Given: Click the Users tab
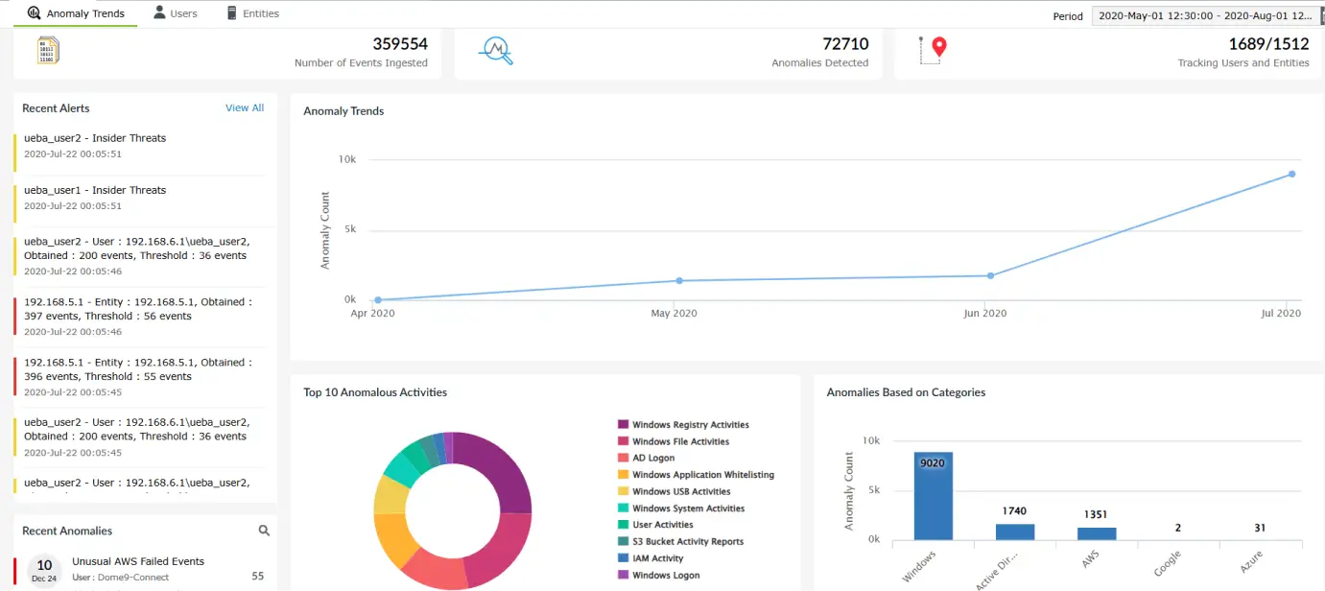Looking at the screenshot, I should tap(176, 13).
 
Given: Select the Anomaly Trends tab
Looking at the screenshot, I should tap(76, 13).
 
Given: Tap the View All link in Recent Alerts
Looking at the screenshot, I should tap(244, 108).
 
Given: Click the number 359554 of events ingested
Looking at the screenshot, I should tap(400, 43).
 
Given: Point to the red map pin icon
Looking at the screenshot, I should tap(939, 46).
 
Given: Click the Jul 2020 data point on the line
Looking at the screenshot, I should tap(1291, 175).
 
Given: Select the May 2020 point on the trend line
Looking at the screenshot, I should tap(679, 280).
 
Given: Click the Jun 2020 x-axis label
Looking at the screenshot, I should tap(984, 314).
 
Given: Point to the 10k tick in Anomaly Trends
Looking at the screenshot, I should tap(347, 159).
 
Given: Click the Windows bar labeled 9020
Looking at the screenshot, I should tap(933, 495).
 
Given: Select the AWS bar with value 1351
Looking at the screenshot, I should tap(1096, 533).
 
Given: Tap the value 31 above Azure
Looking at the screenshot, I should tap(1259, 528).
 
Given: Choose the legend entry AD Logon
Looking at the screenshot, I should tap(653, 459).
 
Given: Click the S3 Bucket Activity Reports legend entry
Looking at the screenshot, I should tap(687, 542).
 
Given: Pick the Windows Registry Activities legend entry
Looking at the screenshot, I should tap(690, 425).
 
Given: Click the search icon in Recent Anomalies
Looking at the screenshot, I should tap(264, 531).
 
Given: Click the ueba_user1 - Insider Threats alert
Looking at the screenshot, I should tap(95, 190).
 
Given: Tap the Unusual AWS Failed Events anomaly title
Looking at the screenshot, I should tap(138, 561).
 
